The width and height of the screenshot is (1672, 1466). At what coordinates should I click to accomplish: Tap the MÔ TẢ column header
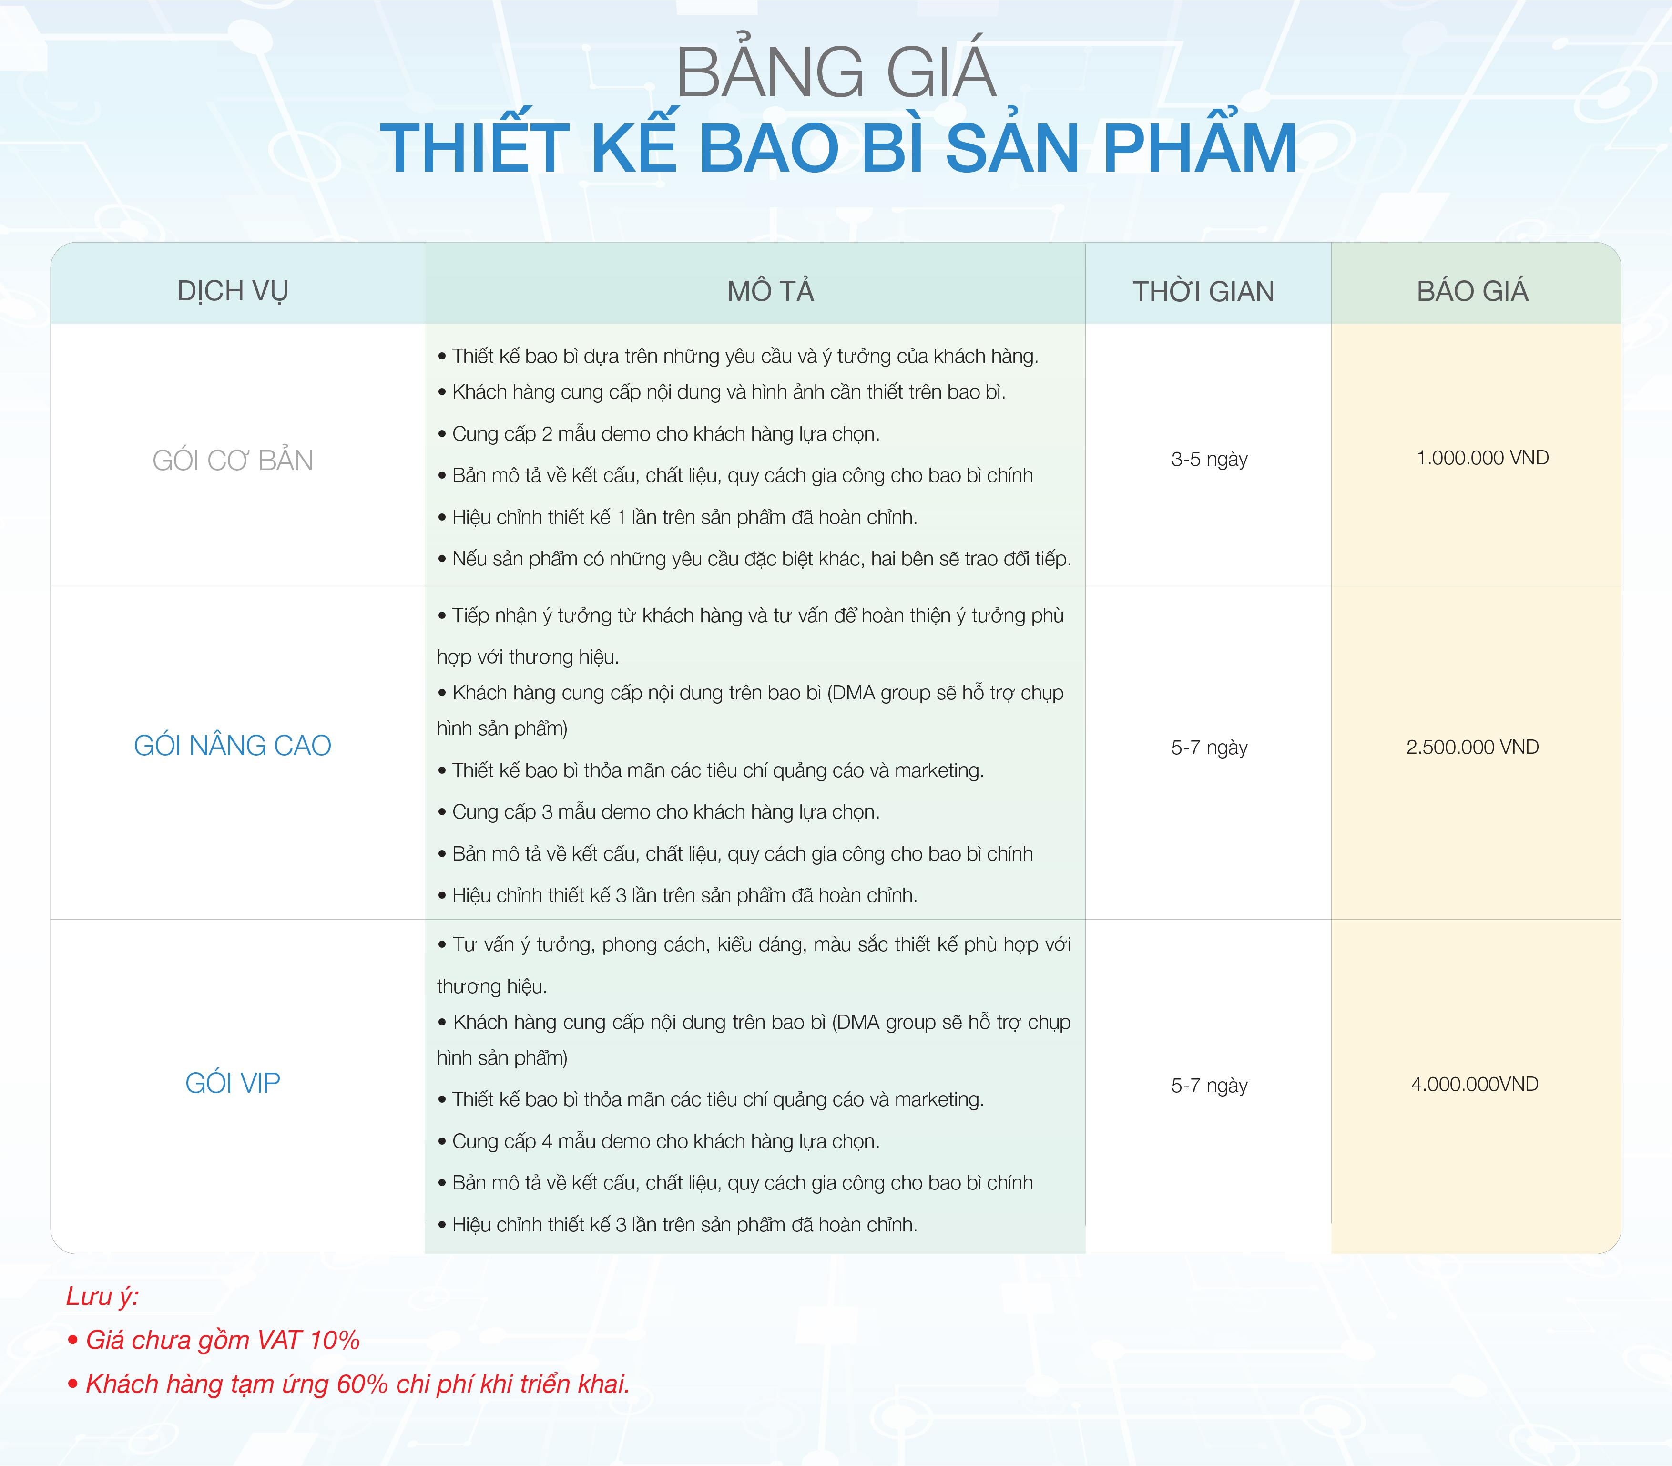(x=771, y=290)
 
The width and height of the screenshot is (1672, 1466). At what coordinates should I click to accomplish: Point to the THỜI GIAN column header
(x=1203, y=291)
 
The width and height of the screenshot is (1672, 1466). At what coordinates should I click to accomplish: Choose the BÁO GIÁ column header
(x=1472, y=290)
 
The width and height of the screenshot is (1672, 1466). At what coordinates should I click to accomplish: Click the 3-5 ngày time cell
(x=1209, y=459)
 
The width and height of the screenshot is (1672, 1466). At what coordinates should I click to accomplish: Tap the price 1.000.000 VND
(x=1482, y=457)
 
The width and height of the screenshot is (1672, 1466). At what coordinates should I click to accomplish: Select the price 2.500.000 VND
(x=1472, y=747)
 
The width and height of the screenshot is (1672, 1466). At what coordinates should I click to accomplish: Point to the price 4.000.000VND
(x=1474, y=1084)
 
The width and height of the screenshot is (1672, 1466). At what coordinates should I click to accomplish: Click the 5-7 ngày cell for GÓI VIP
(x=1209, y=1086)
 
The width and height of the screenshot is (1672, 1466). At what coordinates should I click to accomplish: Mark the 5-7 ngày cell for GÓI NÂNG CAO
(x=1209, y=747)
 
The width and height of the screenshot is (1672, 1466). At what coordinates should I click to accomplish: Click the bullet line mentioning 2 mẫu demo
(x=659, y=433)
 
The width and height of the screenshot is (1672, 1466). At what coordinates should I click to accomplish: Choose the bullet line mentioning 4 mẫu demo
(x=659, y=1141)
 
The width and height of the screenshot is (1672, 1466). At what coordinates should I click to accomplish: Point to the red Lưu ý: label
(x=102, y=1297)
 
